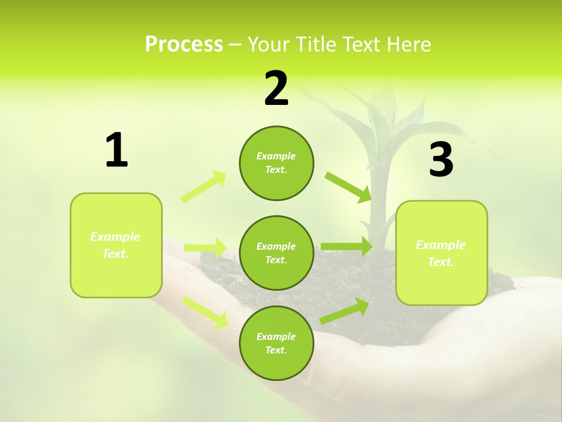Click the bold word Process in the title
point(184,45)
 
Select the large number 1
point(116,151)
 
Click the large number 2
point(276,89)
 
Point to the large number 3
point(441,160)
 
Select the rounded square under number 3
point(441,281)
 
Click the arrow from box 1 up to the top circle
point(204,187)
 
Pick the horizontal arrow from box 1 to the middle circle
point(205,248)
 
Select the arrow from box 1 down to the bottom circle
point(205,312)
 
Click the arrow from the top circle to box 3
point(348,187)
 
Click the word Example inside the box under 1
point(115,237)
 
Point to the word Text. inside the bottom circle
point(276,350)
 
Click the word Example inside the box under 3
point(441,245)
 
